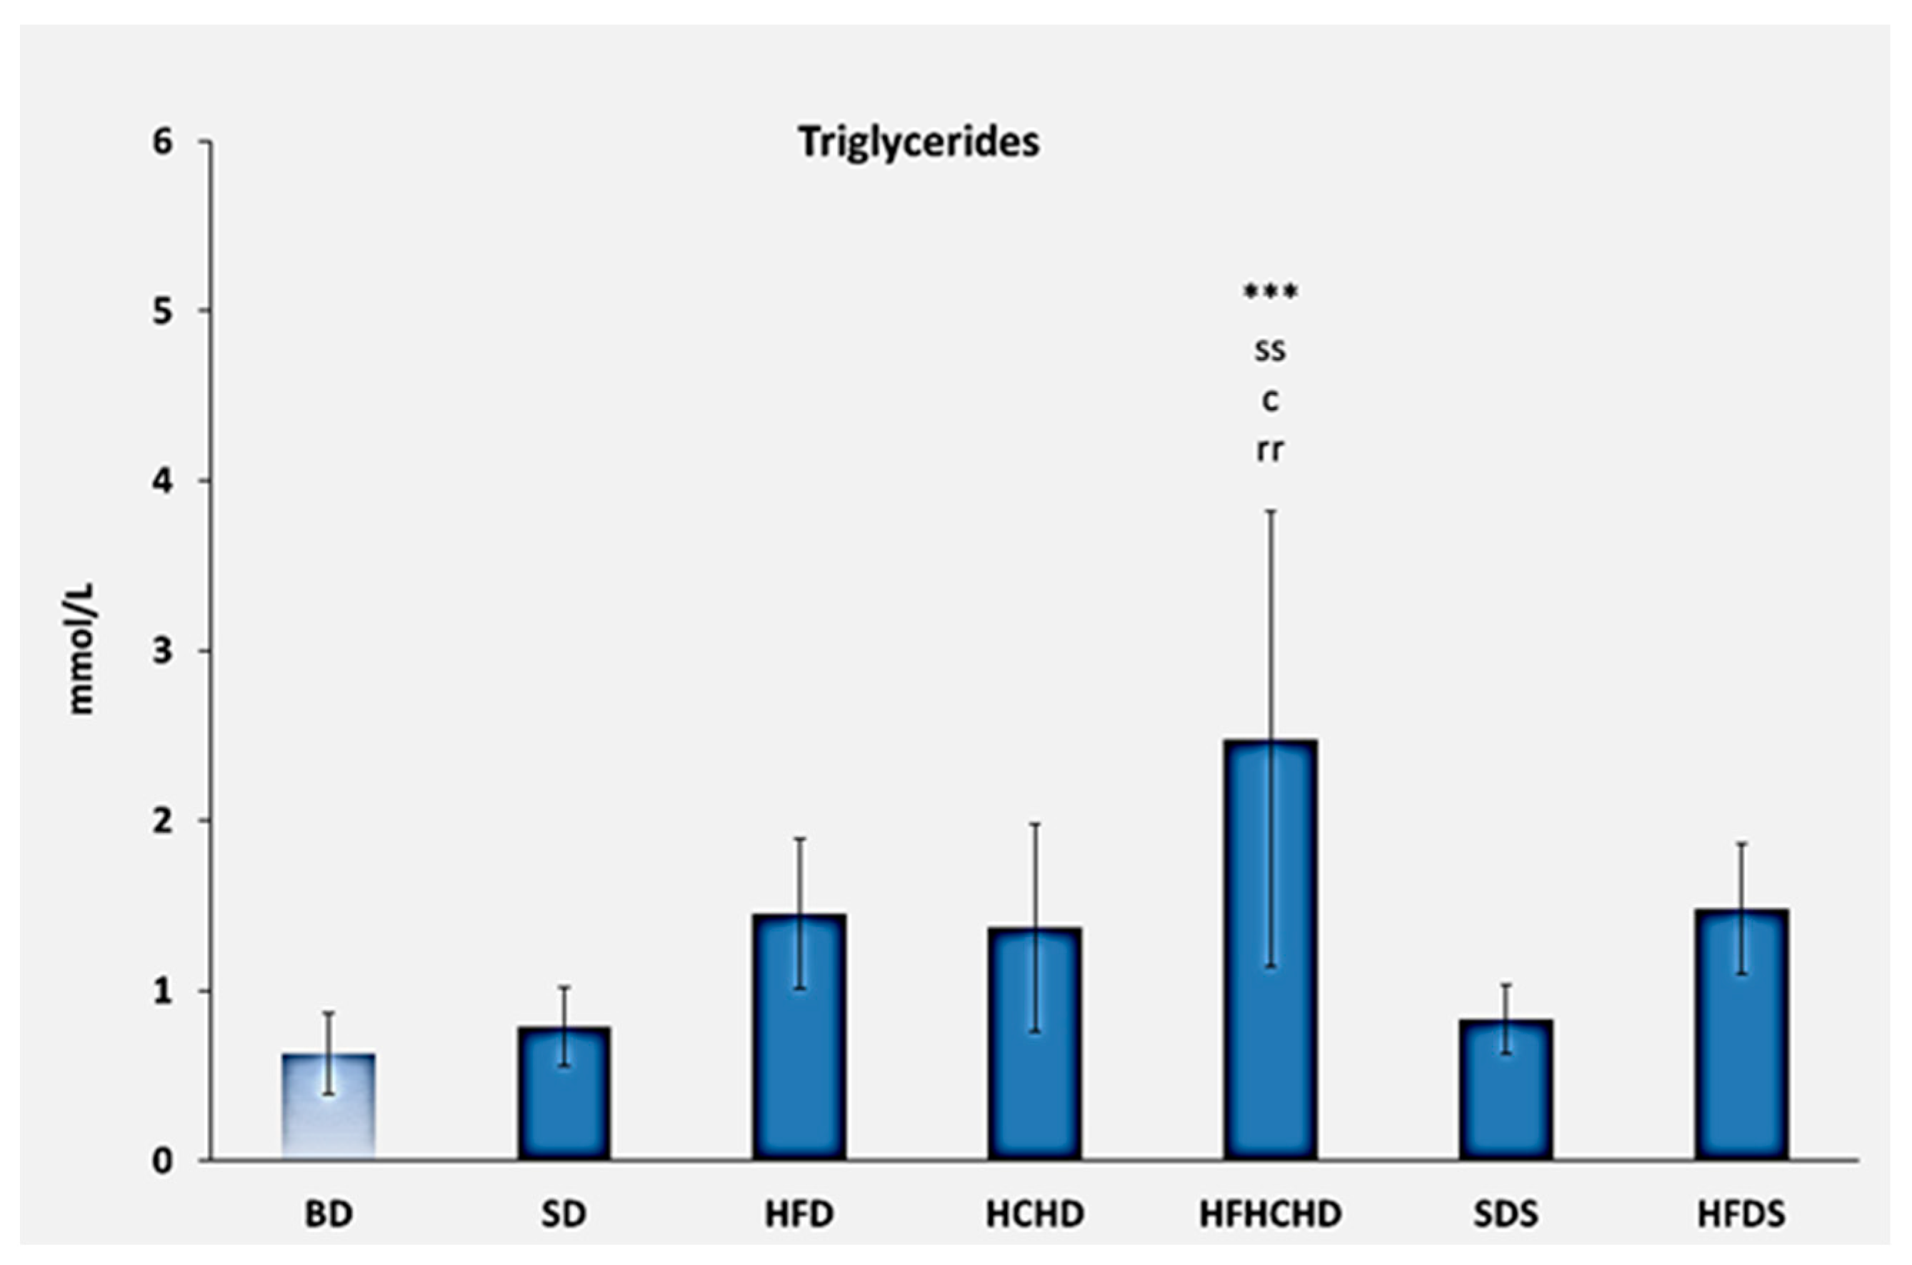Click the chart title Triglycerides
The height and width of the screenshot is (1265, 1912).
coord(919,143)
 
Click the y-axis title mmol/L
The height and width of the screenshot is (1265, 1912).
coord(83,649)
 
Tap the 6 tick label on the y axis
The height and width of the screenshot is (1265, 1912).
coord(163,143)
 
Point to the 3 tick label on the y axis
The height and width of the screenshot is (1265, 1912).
coord(163,651)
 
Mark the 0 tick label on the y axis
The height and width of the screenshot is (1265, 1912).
coord(163,1161)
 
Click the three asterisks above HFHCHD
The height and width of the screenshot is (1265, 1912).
coord(1271,292)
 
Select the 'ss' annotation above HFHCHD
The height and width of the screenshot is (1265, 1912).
coord(1271,351)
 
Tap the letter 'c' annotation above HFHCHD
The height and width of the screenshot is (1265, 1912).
coord(1271,401)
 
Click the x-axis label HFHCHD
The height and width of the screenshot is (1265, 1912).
coord(1271,1215)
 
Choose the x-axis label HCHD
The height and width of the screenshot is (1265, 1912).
coord(1035,1215)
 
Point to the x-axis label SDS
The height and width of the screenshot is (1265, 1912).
coord(1506,1215)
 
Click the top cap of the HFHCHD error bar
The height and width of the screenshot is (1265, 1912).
coord(1271,511)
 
